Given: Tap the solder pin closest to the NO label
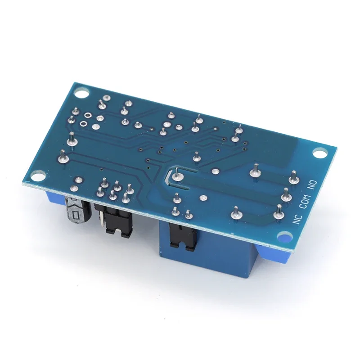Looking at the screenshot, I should (x=294, y=175).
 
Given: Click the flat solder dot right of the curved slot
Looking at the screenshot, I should (x=204, y=197).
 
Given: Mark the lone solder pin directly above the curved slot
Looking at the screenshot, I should (x=196, y=157).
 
